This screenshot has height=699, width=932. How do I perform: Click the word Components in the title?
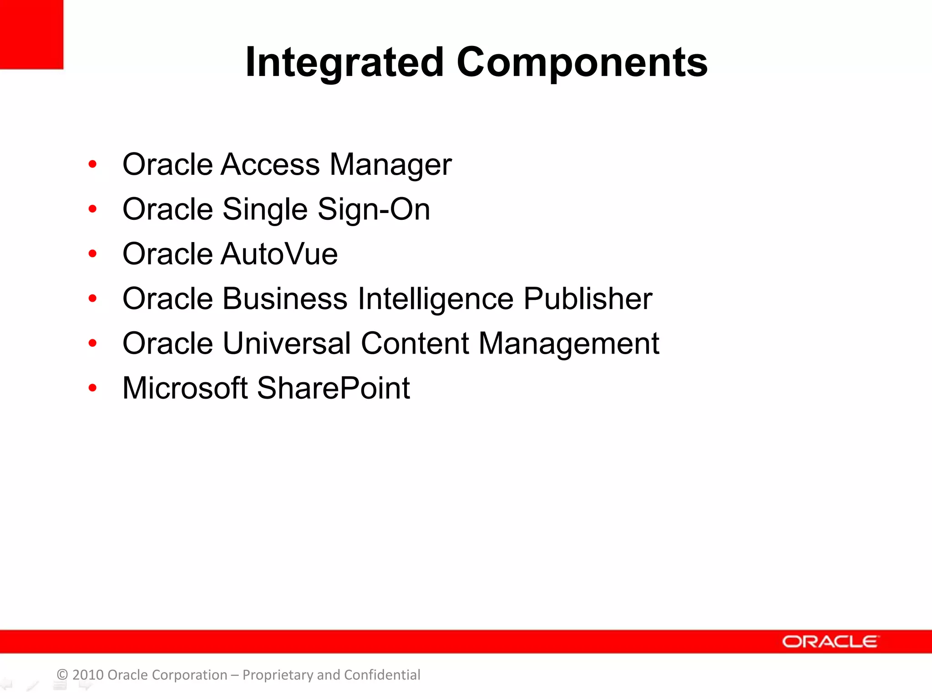582,62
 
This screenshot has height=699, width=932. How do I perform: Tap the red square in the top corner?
31,34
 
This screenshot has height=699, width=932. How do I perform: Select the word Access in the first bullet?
270,164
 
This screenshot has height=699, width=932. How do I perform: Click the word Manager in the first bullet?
390,164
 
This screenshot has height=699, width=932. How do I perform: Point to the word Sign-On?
374,209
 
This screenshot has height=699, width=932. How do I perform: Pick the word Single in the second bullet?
265,209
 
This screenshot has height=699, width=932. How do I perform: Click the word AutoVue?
279,253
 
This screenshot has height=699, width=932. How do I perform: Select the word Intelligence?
436,299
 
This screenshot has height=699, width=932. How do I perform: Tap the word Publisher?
588,299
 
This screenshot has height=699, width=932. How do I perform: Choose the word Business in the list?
285,299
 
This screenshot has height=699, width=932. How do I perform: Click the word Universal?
287,343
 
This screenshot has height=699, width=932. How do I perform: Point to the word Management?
569,343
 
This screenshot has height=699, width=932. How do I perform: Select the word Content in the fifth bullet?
415,343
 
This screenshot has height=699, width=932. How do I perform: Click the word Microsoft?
185,388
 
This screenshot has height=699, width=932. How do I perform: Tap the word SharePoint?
334,388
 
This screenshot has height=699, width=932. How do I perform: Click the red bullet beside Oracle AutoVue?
93,254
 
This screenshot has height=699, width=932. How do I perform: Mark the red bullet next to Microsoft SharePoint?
93,388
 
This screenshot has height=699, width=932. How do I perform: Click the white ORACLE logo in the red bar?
830,642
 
